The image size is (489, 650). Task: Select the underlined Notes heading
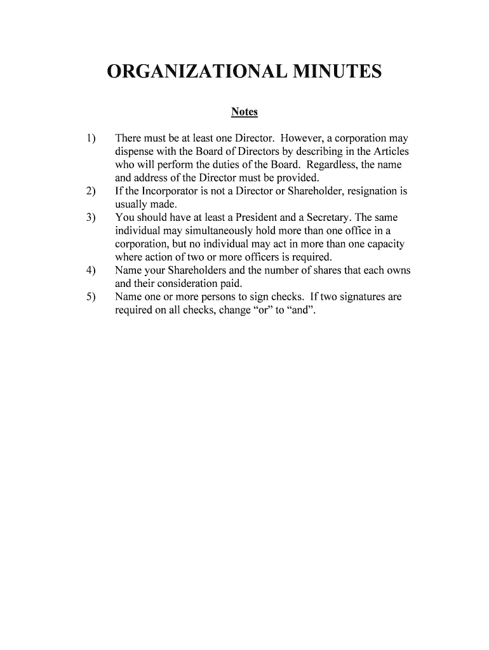pyautogui.click(x=245, y=112)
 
